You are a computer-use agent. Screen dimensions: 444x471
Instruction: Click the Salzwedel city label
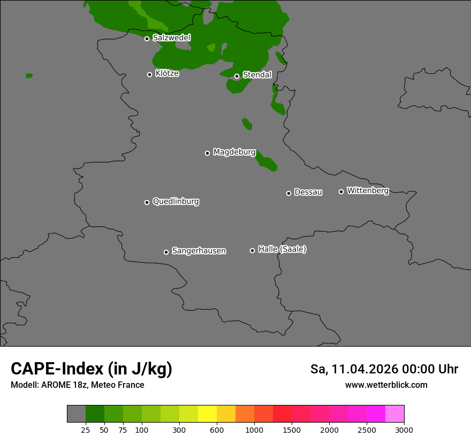point(171,38)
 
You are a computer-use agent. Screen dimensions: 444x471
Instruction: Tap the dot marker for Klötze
point(150,74)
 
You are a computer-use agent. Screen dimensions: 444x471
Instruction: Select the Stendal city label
point(257,75)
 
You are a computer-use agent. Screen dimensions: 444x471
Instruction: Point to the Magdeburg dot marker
point(207,153)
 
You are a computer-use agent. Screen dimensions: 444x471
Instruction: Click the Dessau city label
point(308,192)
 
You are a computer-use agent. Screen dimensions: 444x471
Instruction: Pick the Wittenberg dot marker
point(341,192)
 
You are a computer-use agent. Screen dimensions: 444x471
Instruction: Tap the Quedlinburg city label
point(176,202)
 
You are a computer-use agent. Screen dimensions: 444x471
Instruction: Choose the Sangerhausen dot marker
point(166,252)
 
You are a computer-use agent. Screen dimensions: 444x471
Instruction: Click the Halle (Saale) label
point(282,249)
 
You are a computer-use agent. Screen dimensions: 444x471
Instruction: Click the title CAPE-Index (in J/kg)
point(92,369)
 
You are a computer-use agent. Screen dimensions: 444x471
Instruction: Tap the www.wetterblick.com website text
point(386,385)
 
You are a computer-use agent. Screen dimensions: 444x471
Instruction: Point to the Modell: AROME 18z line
point(77,385)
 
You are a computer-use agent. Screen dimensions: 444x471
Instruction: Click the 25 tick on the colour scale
point(86,430)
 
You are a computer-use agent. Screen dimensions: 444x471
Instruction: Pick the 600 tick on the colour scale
point(217,430)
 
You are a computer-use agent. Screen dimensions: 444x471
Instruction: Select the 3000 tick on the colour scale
point(404,430)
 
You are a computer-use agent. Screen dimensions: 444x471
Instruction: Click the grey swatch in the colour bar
point(77,414)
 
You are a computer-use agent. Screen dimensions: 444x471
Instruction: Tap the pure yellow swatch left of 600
point(207,414)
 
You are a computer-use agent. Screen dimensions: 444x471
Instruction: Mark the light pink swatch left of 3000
point(394,414)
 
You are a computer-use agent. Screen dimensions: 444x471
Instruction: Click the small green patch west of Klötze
point(29,76)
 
